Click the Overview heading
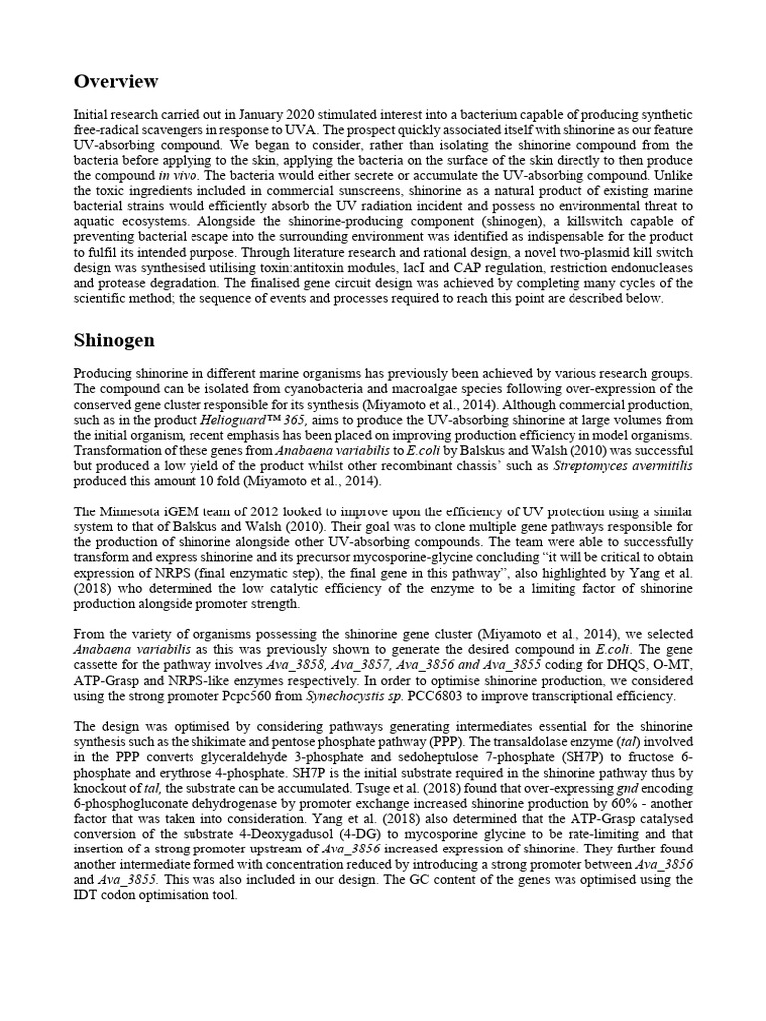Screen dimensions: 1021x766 click(116, 81)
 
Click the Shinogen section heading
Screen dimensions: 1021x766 click(114, 340)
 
